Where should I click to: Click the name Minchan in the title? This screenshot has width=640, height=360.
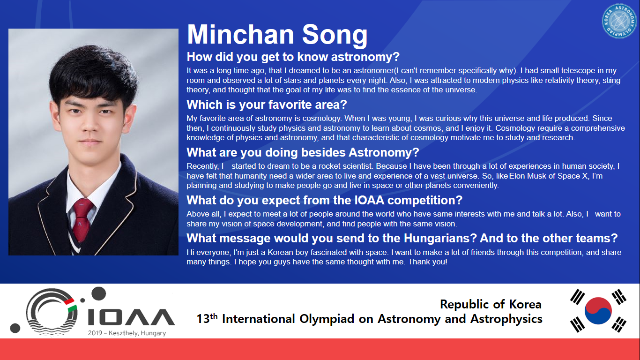click(240, 34)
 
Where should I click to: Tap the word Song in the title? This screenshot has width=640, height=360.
click(335, 36)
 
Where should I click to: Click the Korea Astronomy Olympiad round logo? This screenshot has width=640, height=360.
click(619, 21)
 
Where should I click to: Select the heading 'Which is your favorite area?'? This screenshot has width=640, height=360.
click(267, 105)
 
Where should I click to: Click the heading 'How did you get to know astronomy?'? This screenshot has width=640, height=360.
click(293, 57)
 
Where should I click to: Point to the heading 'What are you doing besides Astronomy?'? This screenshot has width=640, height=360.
click(303, 152)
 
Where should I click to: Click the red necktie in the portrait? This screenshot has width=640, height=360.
click(82, 219)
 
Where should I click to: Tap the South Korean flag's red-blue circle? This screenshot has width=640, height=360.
click(598, 310)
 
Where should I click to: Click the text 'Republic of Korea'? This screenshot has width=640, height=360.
click(491, 304)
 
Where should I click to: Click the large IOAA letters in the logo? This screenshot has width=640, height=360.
click(131, 317)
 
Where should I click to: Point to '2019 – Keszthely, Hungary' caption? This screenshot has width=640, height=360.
click(127, 333)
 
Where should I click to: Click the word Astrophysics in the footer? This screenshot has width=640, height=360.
click(506, 319)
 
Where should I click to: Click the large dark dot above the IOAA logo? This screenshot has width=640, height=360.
click(98, 294)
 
